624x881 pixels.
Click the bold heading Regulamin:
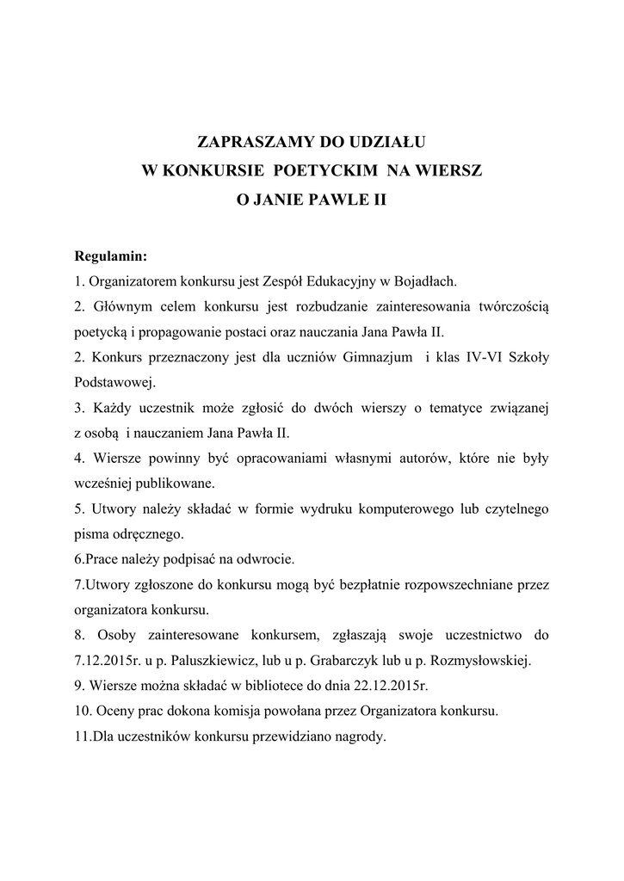click(111, 256)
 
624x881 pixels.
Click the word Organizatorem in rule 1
click(130, 280)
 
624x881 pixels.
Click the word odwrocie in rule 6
click(264, 559)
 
